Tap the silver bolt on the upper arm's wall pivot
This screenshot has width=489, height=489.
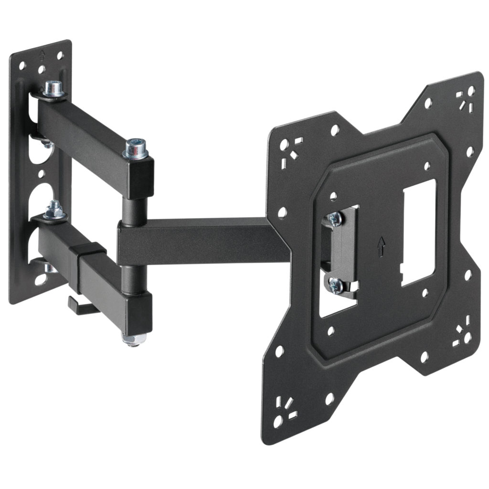53,88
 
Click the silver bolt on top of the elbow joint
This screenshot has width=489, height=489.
135,149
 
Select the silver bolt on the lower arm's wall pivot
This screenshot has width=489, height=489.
54,210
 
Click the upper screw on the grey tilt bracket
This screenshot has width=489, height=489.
335,218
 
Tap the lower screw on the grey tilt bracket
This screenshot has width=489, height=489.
336,285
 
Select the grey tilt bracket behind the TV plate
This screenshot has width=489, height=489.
343,252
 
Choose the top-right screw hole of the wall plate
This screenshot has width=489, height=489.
60,55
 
